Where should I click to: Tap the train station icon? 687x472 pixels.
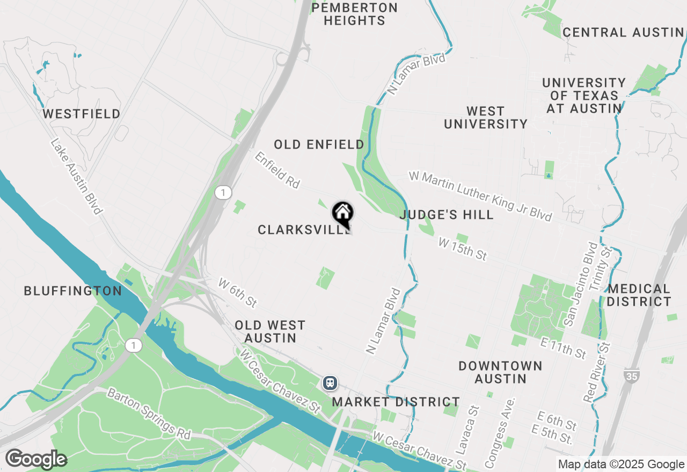click(x=330, y=382)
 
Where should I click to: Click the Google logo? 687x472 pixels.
click(x=36, y=459)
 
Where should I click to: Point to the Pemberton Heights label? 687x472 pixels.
click(x=355, y=14)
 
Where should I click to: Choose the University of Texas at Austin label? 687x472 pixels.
click(x=584, y=95)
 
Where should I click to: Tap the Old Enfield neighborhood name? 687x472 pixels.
click(x=319, y=144)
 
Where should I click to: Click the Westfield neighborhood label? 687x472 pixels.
click(x=82, y=114)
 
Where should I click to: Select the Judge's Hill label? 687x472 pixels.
click(x=447, y=215)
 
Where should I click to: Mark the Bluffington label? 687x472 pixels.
click(x=73, y=291)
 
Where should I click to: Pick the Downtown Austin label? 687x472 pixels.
click(x=500, y=372)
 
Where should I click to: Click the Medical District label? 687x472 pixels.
click(x=639, y=295)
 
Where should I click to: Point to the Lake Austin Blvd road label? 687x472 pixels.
click(x=76, y=176)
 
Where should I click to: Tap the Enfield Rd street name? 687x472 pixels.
click(x=277, y=170)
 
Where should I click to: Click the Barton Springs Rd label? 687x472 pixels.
click(x=149, y=414)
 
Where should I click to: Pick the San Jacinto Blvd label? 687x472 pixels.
click(x=578, y=284)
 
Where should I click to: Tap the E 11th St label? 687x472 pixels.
click(x=564, y=348)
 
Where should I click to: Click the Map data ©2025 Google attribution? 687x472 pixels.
click(x=621, y=464)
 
